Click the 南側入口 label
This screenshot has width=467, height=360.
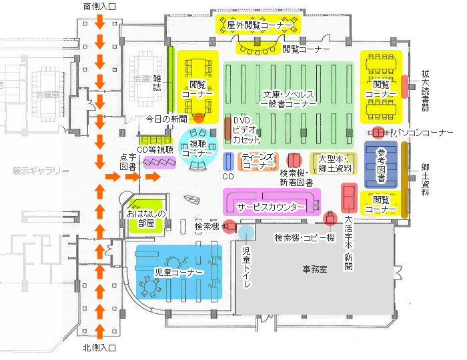click(99, 7)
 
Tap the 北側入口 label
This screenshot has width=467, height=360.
click(99, 347)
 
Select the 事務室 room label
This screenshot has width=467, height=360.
click(315, 269)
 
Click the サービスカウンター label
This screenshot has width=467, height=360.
click(271, 207)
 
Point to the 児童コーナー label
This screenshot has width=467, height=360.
click(179, 272)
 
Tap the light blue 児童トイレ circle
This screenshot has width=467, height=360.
click(246, 233)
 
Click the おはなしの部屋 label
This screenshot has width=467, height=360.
click(146, 218)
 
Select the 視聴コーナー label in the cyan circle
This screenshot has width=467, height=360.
click(197, 149)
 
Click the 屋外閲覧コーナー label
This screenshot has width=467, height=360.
click(260, 25)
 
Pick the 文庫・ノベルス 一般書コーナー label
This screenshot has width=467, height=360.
click(288, 99)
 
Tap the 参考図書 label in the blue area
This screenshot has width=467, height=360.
click(381, 165)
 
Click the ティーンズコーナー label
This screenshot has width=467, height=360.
click(258, 161)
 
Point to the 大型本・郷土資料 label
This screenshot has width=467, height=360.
click(335, 163)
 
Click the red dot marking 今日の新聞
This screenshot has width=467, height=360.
click(199, 118)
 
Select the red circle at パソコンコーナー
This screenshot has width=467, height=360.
click(378, 133)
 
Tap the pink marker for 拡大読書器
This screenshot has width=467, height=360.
click(404, 87)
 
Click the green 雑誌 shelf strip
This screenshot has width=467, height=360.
click(171, 79)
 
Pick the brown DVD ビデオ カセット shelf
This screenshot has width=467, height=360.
click(228, 129)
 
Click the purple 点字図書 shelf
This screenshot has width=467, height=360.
click(159, 163)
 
